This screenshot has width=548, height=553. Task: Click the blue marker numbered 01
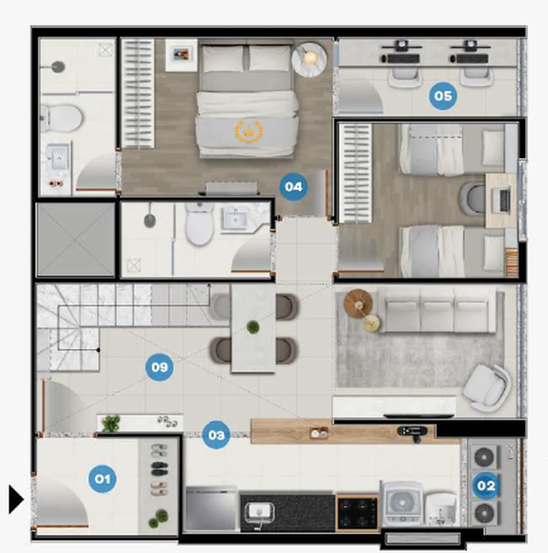point(103,479)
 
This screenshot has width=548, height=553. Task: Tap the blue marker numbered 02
point(486,486)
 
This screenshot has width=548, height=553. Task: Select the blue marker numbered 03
point(216,435)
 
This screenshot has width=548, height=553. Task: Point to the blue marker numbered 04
point(294,187)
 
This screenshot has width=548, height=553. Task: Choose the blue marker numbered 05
point(443,96)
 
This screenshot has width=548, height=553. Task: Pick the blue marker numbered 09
point(159,367)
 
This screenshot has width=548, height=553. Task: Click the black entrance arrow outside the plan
point(16,499)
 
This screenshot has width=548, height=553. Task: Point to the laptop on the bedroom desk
point(501,200)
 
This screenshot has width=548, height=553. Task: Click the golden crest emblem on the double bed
point(248,131)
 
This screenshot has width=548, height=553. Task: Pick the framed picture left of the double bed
point(181,54)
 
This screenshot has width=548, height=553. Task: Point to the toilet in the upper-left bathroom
point(61,118)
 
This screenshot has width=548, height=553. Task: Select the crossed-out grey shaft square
point(76,240)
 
